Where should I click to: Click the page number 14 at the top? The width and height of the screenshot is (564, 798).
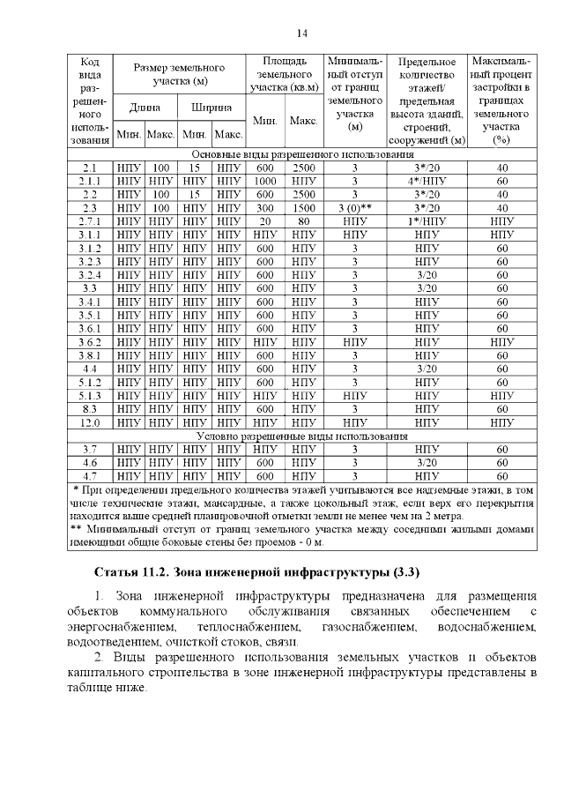click(x=301, y=34)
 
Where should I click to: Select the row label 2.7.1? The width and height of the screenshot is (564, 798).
click(x=89, y=222)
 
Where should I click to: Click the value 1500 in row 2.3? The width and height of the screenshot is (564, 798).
click(x=303, y=208)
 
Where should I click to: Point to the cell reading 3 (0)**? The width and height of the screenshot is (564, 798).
click(x=355, y=208)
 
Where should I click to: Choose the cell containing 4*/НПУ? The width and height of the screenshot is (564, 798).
click(x=427, y=181)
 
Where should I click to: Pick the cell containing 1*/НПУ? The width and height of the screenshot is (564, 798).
click(x=427, y=222)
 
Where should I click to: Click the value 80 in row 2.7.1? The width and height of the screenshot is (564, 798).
click(x=303, y=222)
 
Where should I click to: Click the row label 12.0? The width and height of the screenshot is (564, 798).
click(x=89, y=422)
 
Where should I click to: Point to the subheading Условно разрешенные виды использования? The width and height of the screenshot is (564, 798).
click(x=301, y=436)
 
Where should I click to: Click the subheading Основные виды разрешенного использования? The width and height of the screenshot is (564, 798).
click(x=301, y=153)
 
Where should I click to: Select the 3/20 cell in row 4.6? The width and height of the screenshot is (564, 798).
click(x=427, y=462)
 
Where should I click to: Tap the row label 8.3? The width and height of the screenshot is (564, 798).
click(x=89, y=409)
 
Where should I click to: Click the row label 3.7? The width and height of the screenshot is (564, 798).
click(x=89, y=449)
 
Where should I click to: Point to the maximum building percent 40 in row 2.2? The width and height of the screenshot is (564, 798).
click(x=501, y=194)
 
